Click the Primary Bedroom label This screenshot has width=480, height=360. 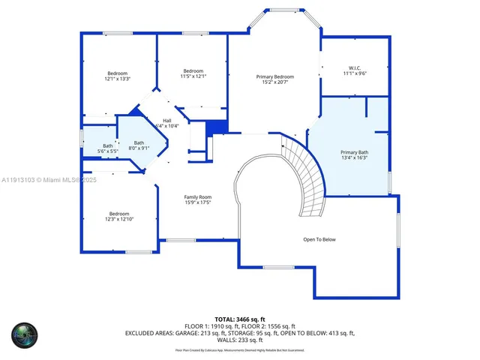click(274, 76)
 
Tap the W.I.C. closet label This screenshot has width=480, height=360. click(355, 67)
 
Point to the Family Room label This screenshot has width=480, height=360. click(198, 197)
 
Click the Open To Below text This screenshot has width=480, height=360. click(319, 240)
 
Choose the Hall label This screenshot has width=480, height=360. click(166, 121)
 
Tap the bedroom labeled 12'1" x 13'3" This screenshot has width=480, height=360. click(117, 73)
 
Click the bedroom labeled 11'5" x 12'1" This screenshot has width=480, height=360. click(193, 71)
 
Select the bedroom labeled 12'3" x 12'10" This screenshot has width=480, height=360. click(118, 214)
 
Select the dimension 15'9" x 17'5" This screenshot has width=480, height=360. click(198, 202)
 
